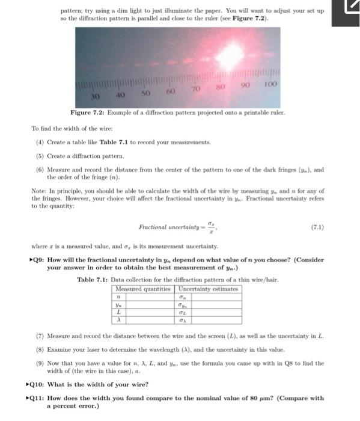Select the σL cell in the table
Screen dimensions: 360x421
click(182, 312)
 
